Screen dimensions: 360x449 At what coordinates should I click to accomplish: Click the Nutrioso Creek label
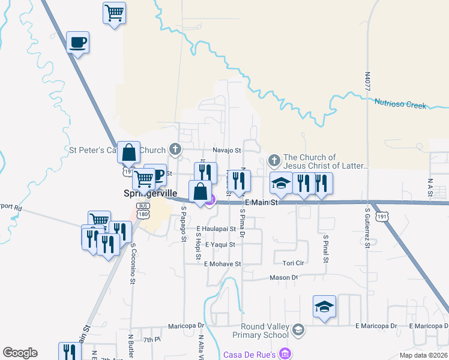400,104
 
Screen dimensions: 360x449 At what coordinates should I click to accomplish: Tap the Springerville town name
150,194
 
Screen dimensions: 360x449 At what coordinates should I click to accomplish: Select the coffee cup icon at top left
77,43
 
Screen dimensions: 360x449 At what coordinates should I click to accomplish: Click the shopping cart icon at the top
114,13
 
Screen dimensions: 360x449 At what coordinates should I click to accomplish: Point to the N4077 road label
367,84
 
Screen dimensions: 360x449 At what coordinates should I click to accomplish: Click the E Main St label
262,203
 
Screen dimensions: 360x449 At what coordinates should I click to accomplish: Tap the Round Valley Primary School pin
298,329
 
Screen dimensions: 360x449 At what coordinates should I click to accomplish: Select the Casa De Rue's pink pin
286,354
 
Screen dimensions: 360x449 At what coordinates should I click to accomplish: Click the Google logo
20,353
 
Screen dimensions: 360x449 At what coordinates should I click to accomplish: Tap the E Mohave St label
222,263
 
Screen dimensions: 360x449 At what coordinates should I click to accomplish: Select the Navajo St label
226,151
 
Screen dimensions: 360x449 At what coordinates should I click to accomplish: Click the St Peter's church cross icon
175,149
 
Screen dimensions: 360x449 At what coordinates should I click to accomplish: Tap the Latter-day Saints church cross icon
274,160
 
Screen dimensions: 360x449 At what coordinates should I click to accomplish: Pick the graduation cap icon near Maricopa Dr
324,307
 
